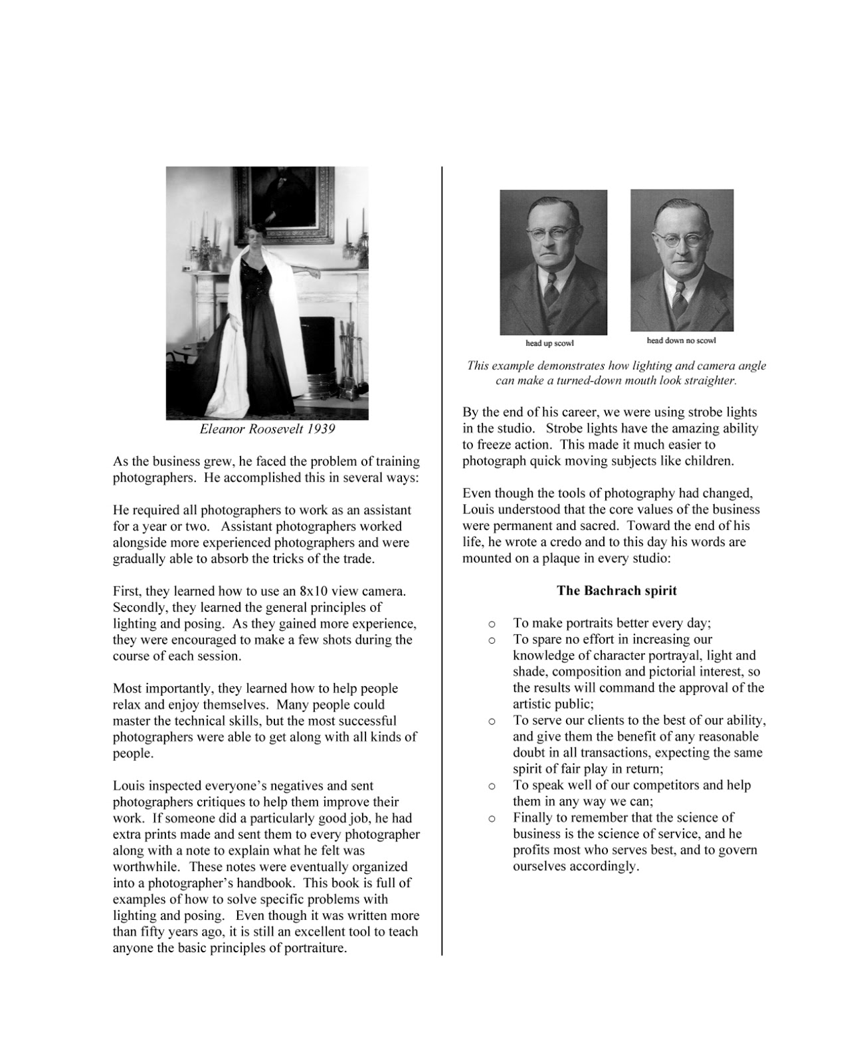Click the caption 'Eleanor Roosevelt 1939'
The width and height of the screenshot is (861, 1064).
tap(267, 429)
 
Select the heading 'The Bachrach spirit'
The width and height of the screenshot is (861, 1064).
tap(617, 591)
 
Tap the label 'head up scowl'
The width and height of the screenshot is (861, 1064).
tap(549, 343)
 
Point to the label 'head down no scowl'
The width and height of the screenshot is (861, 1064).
tap(681, 340)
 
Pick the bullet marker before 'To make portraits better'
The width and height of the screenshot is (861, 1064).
tap(492, 624)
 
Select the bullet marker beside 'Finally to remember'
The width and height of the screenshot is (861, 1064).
tap(492, 818)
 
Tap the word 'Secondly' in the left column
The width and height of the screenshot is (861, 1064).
tap(138, 607)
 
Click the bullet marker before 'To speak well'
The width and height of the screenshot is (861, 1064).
tap(492, 786)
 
